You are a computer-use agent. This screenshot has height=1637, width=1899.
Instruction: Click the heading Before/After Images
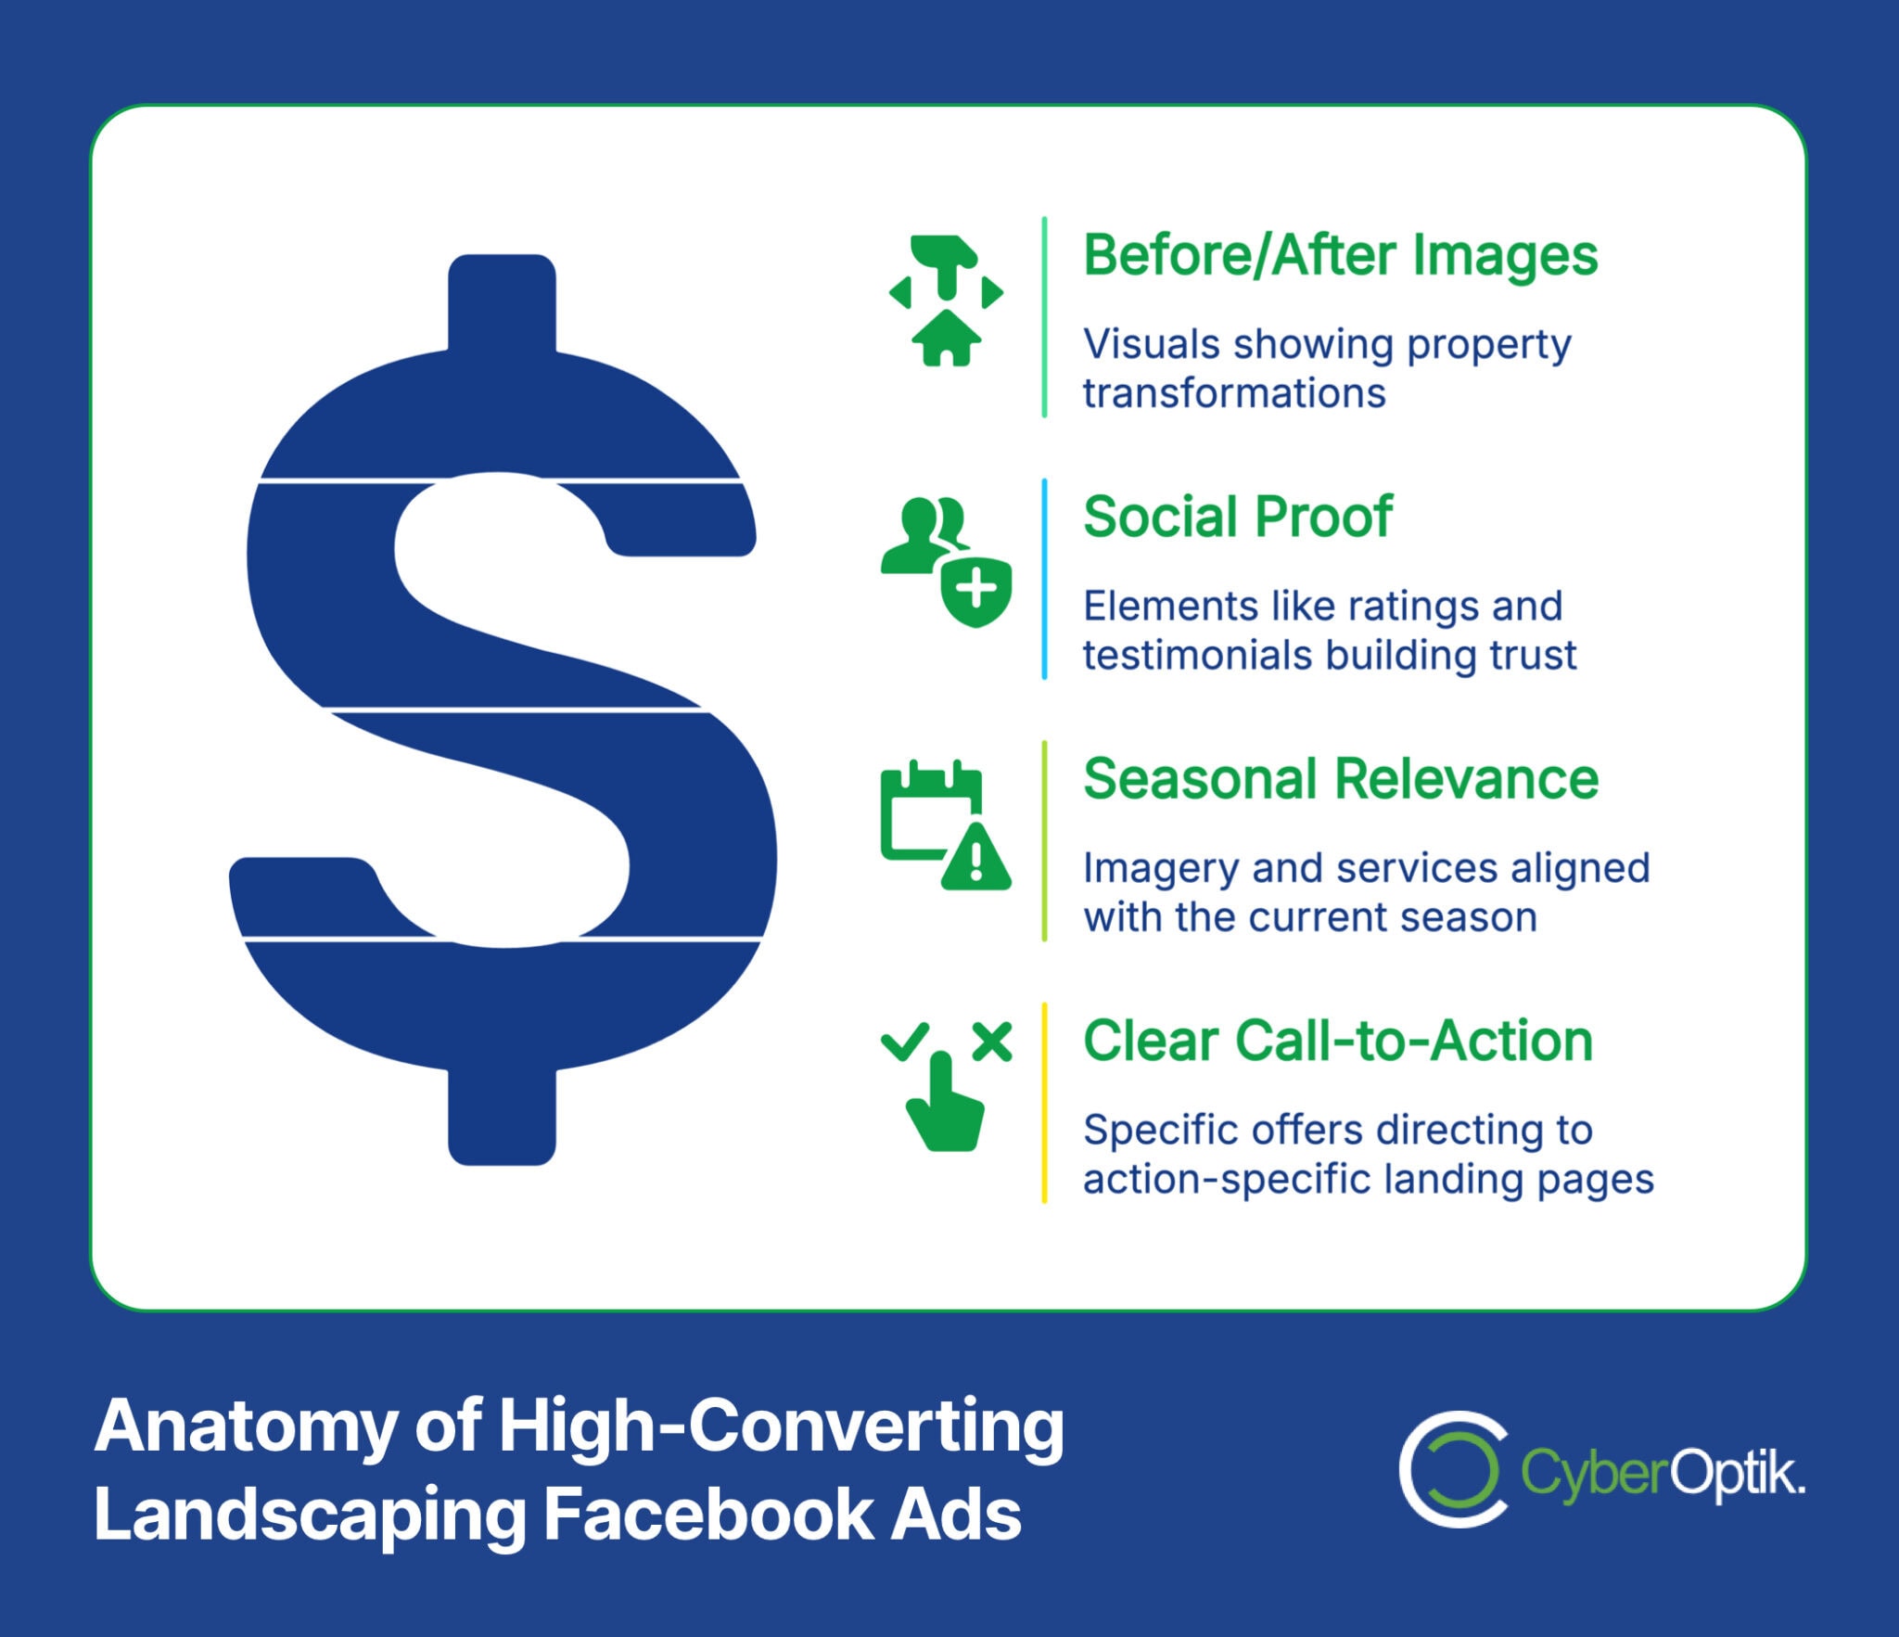tap(1340, 256)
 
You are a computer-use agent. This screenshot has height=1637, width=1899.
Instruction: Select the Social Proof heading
tap(1237, 518)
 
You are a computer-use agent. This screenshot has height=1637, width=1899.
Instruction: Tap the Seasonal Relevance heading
tap(1340, 779)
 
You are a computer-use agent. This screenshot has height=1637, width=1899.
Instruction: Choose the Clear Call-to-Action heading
tap(1337, 1041)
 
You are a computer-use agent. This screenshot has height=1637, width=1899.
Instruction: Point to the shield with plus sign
tap(975, 591)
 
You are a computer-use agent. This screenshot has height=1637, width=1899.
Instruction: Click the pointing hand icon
tap(944, 1108)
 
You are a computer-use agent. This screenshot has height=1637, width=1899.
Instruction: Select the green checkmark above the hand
tap(904, 1041)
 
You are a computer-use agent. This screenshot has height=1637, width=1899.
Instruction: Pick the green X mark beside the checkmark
tap(992, 1042)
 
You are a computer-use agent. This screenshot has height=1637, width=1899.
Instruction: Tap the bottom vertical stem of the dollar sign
tap(502, 1118)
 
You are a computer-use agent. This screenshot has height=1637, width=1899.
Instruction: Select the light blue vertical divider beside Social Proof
tap(1044, 579)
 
